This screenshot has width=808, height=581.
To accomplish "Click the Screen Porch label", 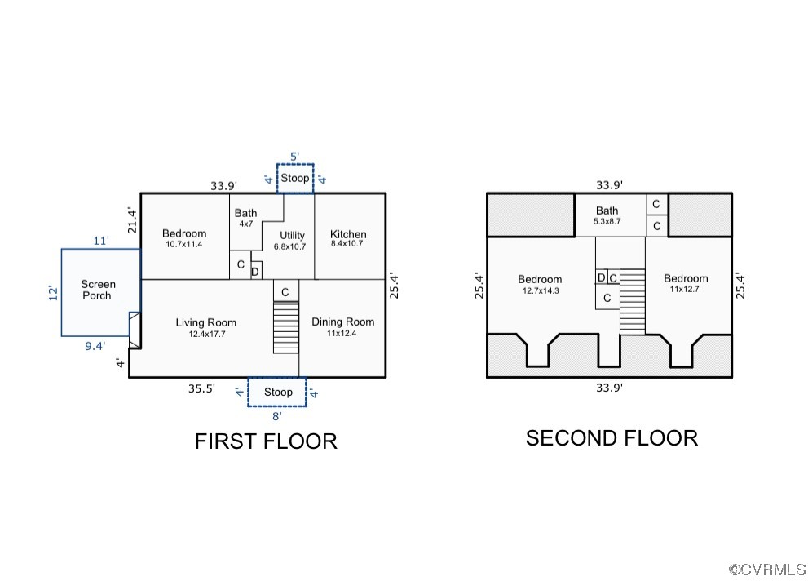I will pos(98,290).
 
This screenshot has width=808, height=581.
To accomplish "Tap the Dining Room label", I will pos(342,326).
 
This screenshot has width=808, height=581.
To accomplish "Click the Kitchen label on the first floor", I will pos(348,239).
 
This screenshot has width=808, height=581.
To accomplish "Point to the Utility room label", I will pos(292,241).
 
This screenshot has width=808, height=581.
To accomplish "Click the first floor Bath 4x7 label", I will pos(245,218).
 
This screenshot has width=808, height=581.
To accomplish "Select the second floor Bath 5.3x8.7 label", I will pos(607,215).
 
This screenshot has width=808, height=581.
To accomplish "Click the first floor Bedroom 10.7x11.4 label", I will pos(183,238).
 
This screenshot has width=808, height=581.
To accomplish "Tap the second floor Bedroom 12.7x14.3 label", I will pos(539,284).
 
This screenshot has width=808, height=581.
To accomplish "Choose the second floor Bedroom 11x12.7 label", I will pos(685,283).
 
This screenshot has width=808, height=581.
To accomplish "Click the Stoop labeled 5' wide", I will pos(295,178).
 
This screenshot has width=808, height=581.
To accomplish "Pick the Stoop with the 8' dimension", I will pos(278,393).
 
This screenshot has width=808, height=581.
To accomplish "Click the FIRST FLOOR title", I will pos(266,441).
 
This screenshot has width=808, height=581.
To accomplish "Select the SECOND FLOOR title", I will pos(612,438).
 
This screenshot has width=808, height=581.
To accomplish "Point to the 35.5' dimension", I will pos(201,389).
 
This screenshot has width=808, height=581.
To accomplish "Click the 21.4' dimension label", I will pos(131,221).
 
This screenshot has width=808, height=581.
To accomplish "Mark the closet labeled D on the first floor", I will pos(255,271).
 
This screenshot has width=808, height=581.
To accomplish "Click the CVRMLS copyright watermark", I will pos(766,570).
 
